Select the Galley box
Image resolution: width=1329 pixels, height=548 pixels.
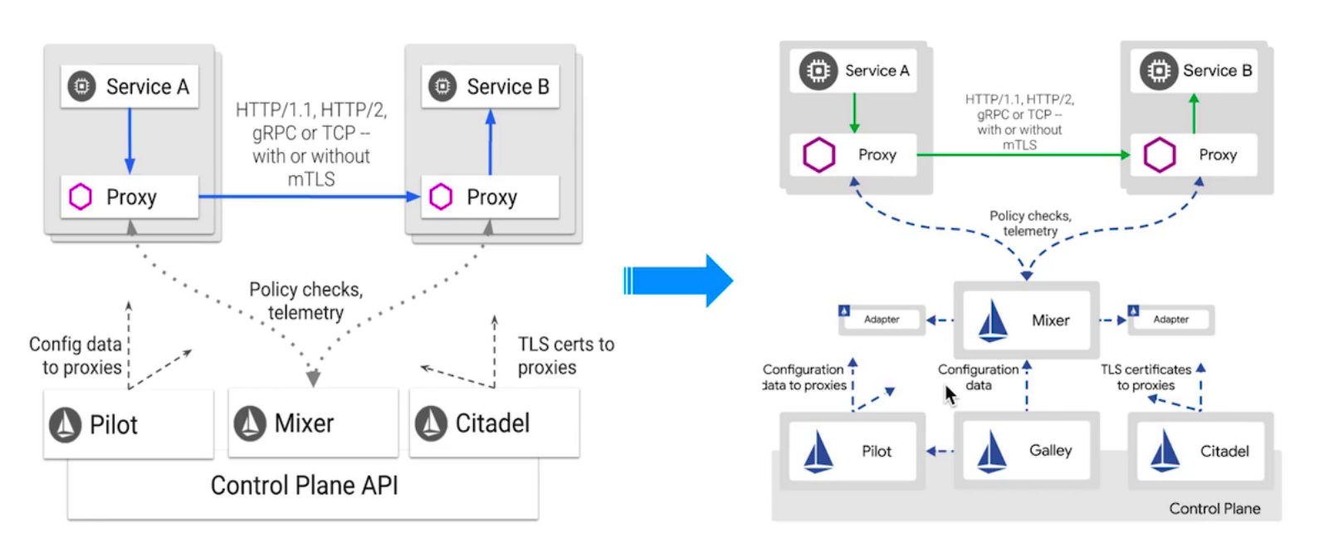[x=1027, y=451]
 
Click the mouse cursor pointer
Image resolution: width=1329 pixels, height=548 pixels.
[x=950, y=394]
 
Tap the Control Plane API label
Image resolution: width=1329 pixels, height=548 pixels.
[x=304, y=486]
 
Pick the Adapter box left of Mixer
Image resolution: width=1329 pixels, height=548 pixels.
[x=881, y=320]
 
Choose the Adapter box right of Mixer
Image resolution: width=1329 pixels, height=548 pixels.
[x=1170, y=320]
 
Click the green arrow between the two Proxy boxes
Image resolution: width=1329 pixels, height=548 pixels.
[x=1021, y=154]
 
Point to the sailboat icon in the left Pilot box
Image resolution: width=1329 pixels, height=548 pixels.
[x=66, y=424]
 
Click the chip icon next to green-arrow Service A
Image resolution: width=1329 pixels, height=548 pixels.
[x=818, y=71]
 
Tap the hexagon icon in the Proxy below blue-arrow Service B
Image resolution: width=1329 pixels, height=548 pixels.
[x=441, y=197]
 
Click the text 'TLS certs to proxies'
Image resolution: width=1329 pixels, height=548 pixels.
[x=566, y=355]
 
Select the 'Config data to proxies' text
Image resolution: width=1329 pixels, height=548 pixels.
[x=76, y=355]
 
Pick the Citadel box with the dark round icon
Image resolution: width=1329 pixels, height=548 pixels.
[x=494, y=423]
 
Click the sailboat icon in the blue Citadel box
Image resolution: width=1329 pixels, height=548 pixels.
[x=1165, y=451]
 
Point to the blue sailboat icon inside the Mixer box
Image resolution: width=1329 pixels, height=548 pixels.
[x=993, y=320]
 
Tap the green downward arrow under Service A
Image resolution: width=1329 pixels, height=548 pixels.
[x=854, y=113]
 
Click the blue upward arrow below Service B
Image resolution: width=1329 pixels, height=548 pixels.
[x=491, y=142]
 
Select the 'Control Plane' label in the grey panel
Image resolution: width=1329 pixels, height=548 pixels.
[x=1214, y=508]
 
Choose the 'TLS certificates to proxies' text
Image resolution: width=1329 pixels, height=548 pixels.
[x=1146, y=377]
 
